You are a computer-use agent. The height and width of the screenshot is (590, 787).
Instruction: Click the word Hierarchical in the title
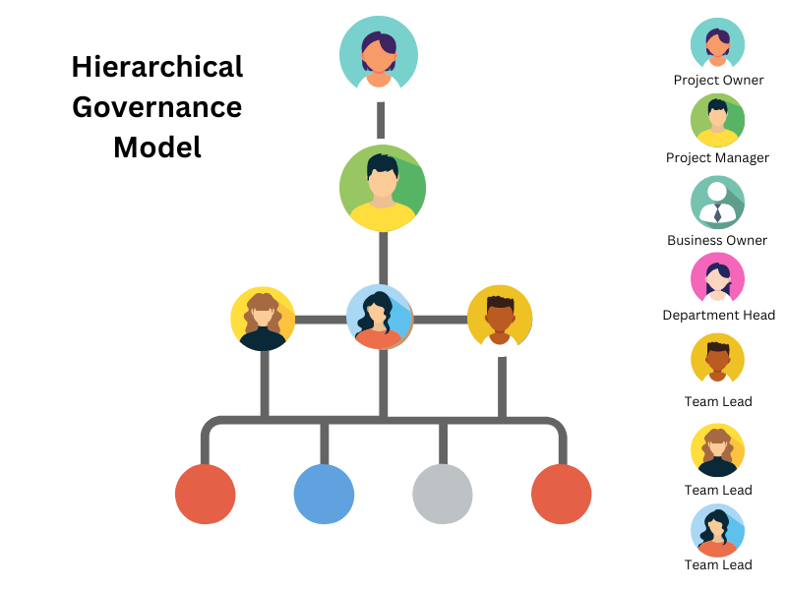pyautogui.click(x=157, y=67)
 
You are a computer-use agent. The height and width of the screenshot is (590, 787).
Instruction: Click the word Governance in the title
pyautogui.click(x=157, y=106)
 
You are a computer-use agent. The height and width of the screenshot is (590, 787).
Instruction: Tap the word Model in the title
pyautogui.click(x=157, y=147)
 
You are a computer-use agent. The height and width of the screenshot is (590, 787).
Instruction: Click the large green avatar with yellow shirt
pyautogui.click(x=382, y=188)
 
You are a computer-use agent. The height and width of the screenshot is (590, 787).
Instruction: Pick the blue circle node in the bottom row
pyautogui.click(x=324, y=494)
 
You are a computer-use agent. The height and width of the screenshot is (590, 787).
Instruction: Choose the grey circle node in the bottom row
pyautogui.click(x=443, y=494)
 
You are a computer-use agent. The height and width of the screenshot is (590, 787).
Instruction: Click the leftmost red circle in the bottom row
pyautogui.click(x=205, y=494)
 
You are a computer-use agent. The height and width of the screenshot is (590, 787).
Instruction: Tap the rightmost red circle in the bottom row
pyautogui.click(x=561, y=494)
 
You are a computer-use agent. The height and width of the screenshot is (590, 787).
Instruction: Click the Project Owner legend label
pyautogui.click(x=718, y=80)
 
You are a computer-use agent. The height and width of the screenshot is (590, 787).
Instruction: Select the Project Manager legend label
pyautogui.click(x=717, y=157)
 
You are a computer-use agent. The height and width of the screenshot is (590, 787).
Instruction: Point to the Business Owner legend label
pyautogui.click(x=717, y=240)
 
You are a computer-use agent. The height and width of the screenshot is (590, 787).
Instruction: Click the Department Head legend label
pyautogui.click(x=718, y=315)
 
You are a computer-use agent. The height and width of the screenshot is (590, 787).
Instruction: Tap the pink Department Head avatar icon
pyautogui.click(x=717, y=278)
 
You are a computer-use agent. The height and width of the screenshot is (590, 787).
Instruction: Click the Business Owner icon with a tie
pyautogui.click(x=717, y=202)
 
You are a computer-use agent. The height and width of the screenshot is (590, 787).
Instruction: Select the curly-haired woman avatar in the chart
pyautogui.click(x=263, y=319)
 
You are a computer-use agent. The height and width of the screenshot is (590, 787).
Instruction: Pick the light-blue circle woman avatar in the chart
pyautogui.click(x=380, y=318)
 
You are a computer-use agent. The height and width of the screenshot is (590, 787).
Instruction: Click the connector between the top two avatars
pyautogui.click(x=380, y=119)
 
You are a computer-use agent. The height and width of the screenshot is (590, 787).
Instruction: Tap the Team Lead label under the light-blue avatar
pyautogui.click(x=718, y=564)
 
